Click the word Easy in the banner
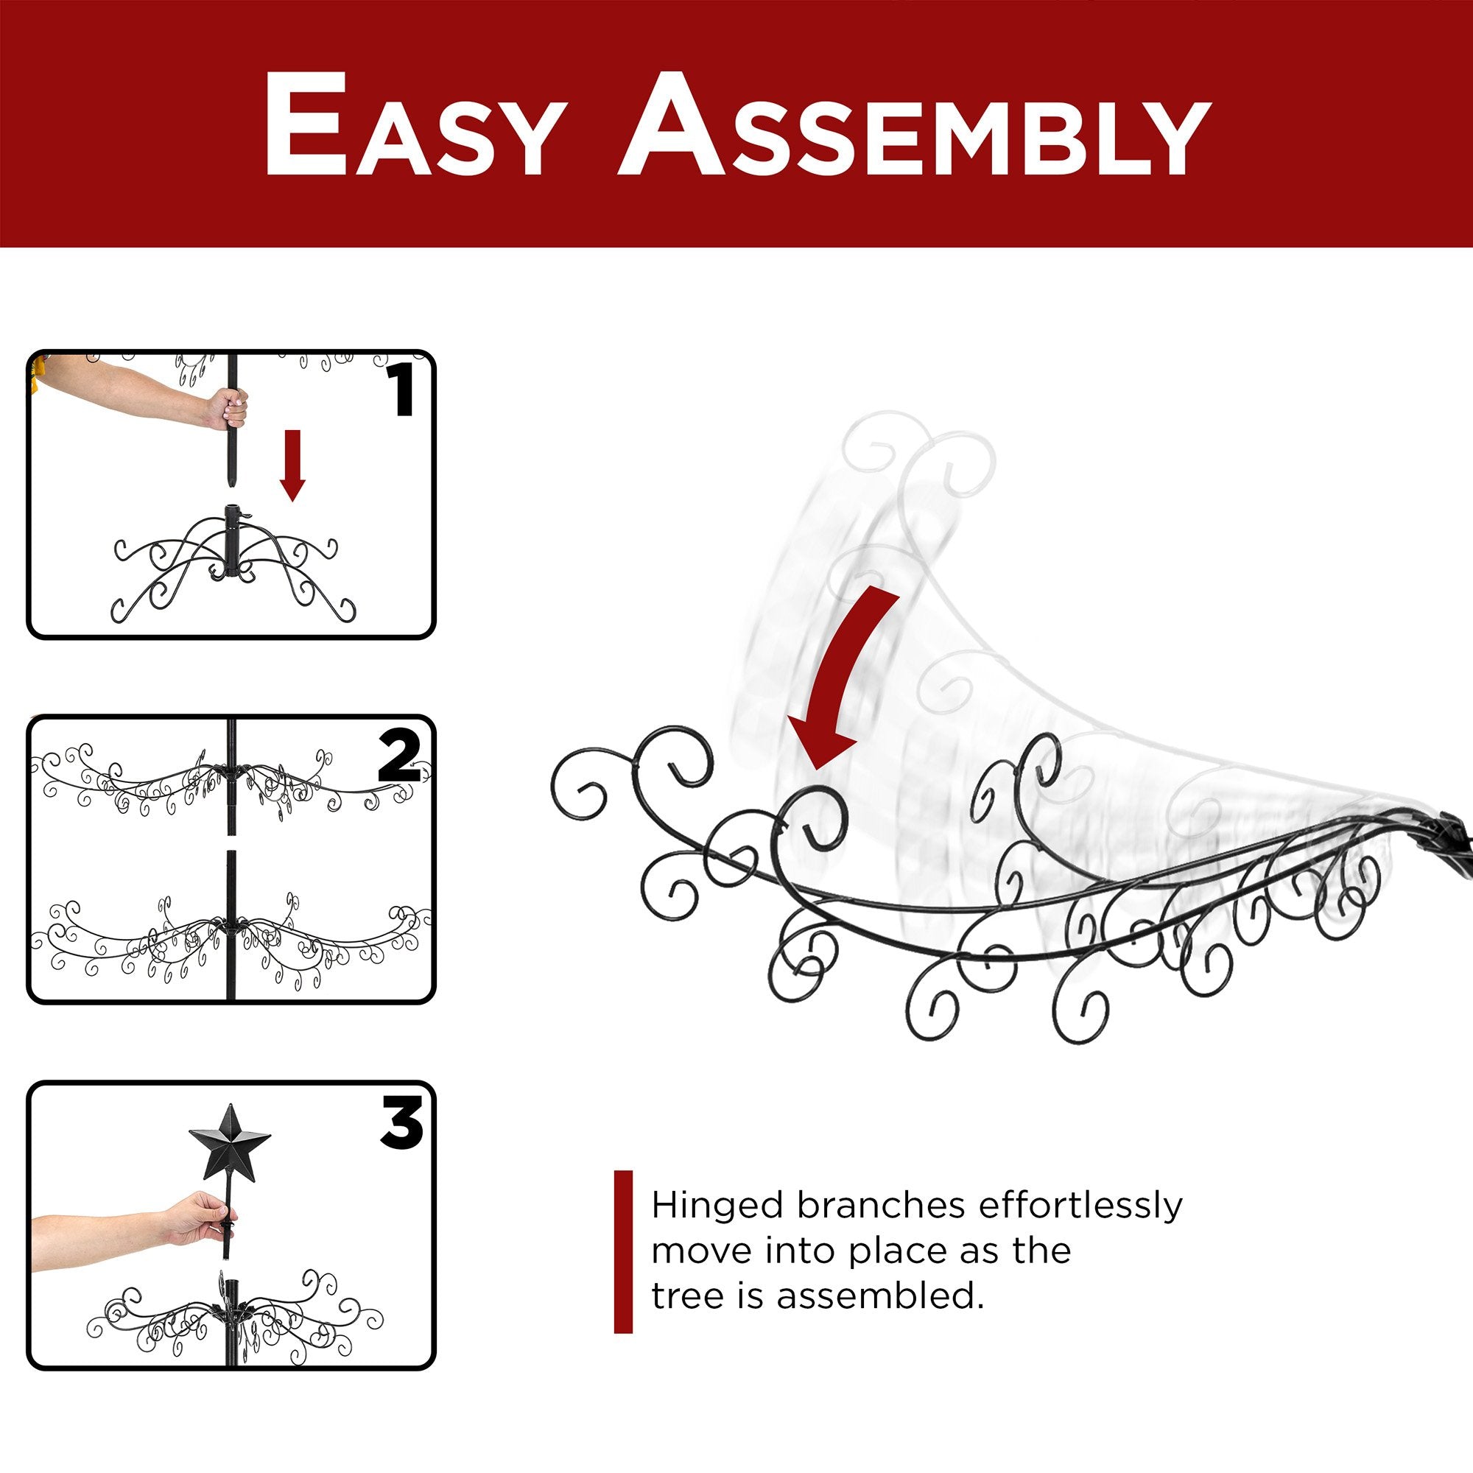click(414, 125)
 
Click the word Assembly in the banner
click(914, 125)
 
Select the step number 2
click(400, 756)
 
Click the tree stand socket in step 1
click(231, 540)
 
